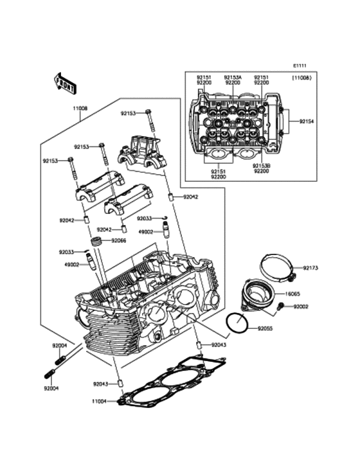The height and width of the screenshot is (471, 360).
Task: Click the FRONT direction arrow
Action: pyautogui.click(x=65, y=83)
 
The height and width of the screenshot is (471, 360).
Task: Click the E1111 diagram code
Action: pyautogui.click(x=300, y=66)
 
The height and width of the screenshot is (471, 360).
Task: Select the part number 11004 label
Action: pyautogui.click(x=100, y=401)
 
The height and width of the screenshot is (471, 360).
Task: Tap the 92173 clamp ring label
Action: pyautogui.click(x=310, y=268)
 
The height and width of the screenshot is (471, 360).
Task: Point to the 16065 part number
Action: pyautogui.click(x=292, y=294)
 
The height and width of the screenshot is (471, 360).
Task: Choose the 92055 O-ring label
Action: pyautogui.click(x=265, y=328)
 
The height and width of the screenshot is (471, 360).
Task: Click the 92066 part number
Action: pyautogui.click(x=119, y=240)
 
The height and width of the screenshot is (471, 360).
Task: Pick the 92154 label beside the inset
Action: pyautogui.click(x=307, y=121)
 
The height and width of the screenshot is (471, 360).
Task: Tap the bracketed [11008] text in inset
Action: pyautogui.click(x=301, y=78)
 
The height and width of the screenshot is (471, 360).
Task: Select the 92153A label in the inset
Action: pyautogui.click(x=233, y=77)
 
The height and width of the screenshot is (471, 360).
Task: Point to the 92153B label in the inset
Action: pyautogui.click(x=262, y=166)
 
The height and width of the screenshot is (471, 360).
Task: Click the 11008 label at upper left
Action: pyautogui.click(x=79, y=109)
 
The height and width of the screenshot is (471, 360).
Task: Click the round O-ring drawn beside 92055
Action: pyautogui.click(x=237, y=323)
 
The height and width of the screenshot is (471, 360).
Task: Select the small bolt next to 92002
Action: pyautogui.click(x=281, y=307)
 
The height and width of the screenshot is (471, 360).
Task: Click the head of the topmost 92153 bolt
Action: pyautogui.click(x=148, y=112)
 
